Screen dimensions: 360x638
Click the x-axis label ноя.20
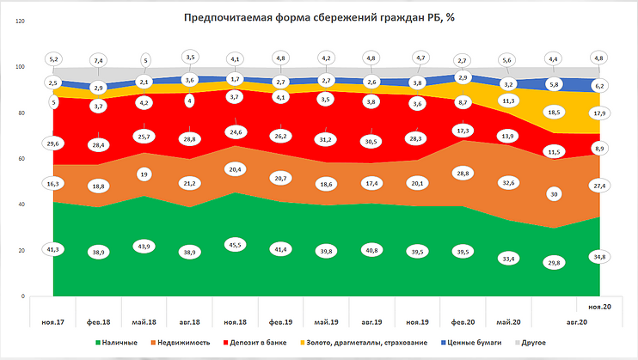point(598,306)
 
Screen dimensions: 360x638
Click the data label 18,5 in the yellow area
point(553,112)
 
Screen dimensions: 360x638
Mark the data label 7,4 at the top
point(98,61)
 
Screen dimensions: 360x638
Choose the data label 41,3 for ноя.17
point(52,248)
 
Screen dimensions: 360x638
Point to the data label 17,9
point(598,113)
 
